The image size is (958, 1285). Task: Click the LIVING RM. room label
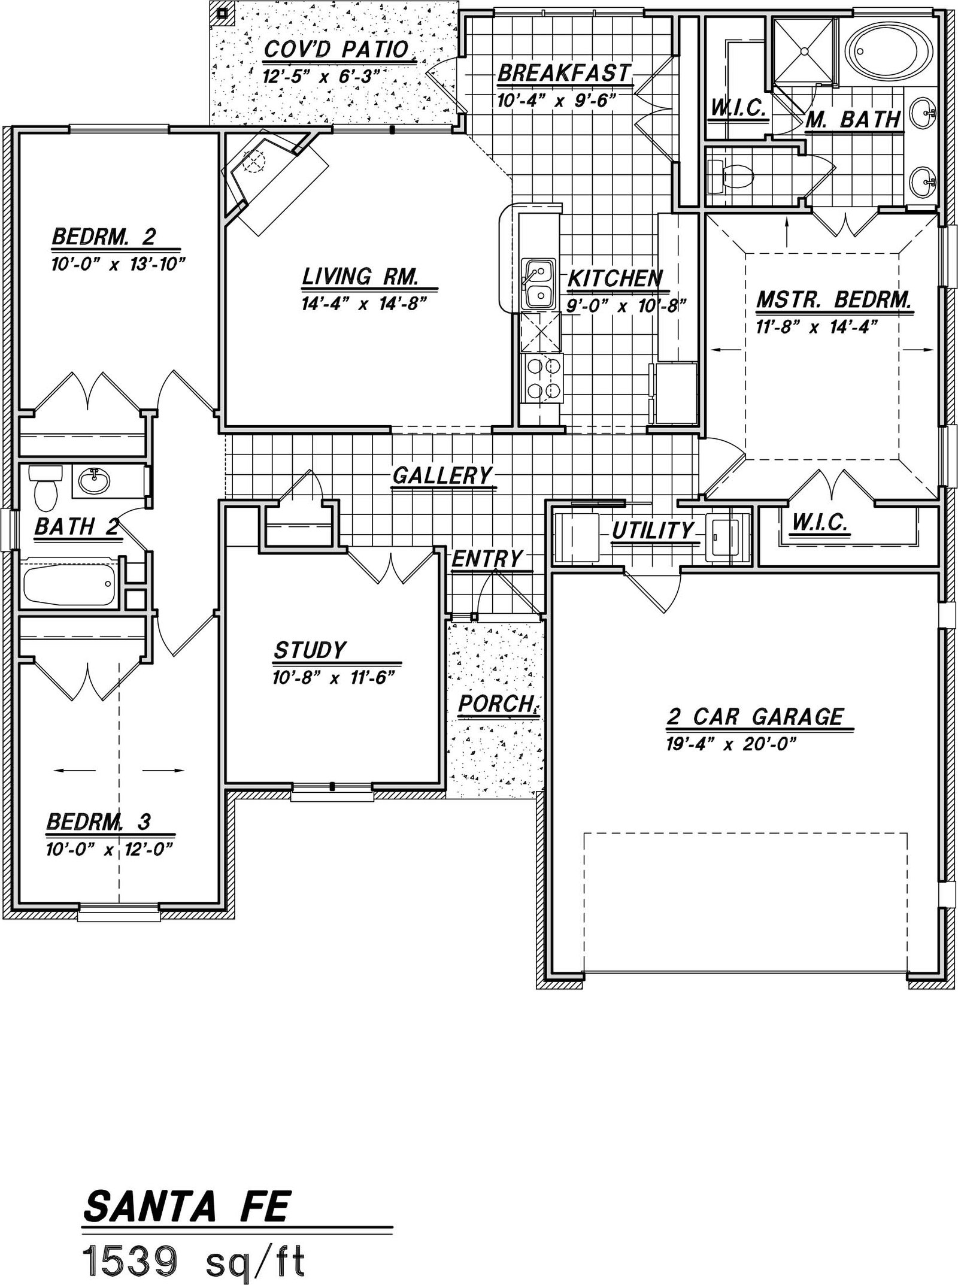[x=360, y=277]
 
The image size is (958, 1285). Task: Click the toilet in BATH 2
[x=45, y=486]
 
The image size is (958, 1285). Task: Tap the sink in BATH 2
[x=93, y=480]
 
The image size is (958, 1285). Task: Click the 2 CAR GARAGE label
[x=755, y=717]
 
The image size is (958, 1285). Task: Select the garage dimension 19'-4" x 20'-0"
[x=730, y=744]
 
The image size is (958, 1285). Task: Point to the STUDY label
[x=310, y=650]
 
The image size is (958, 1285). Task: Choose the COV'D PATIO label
[x=336, y=50]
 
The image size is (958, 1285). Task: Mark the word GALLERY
[x=442, y=475]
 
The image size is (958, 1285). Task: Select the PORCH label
[x=496, y=704]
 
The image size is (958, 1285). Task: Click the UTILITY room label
[x=652, y=531]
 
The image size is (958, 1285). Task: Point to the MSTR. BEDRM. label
[x=833, y=299]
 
